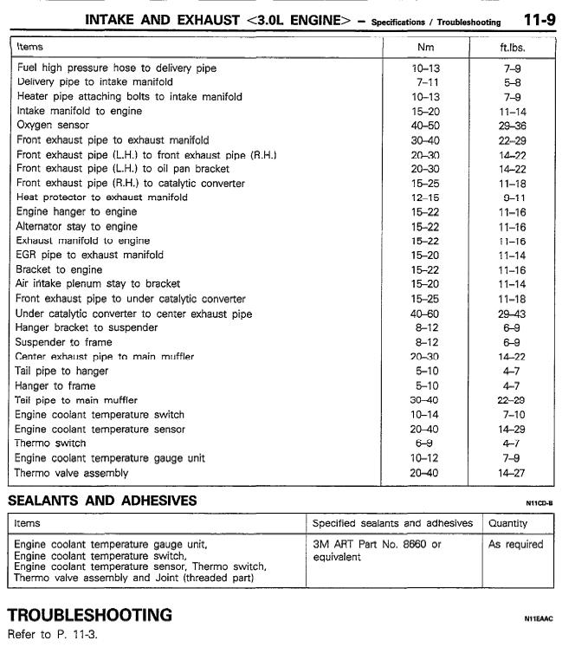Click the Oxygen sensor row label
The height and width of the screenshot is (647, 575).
pos(52,126)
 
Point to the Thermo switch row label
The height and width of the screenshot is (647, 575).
pos(51,443)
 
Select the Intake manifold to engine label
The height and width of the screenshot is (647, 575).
pos(79,111)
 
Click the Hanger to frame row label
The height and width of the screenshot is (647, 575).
pos(55,385)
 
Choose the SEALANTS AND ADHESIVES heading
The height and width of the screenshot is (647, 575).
pos(102,501)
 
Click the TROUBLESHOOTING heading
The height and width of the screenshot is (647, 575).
pos(90,615)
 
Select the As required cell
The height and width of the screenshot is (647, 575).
pos(515,545)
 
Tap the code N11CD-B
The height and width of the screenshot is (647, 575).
pos(539,502)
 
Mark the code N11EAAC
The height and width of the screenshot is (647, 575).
pos(538,618)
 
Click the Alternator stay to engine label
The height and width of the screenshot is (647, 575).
pos(76,226)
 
